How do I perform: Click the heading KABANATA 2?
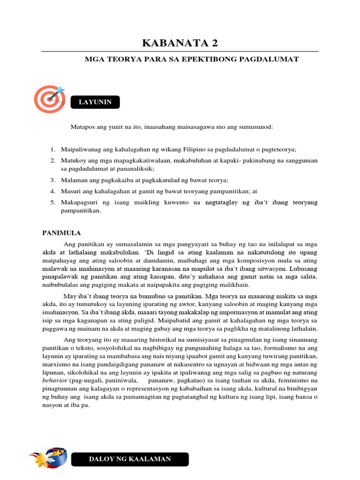click(180, 44)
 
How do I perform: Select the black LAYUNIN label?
click(95, 102)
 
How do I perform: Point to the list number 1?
click(53, 150)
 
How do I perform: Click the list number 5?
click(53, 202)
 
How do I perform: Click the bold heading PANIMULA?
click(62, 232)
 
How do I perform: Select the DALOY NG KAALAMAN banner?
click(130, 459)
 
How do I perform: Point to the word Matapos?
click(81, 127)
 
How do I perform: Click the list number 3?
click(53, 180)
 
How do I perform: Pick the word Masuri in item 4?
click(70, 191)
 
